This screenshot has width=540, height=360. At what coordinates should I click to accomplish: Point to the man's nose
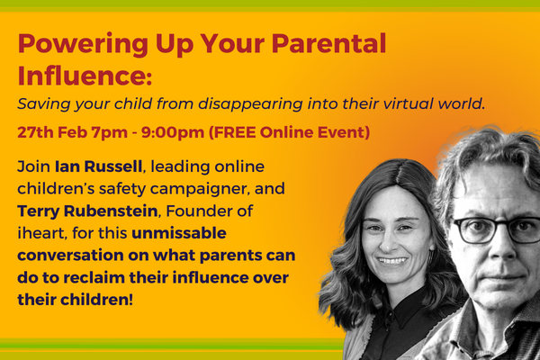(x=494, y=252)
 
